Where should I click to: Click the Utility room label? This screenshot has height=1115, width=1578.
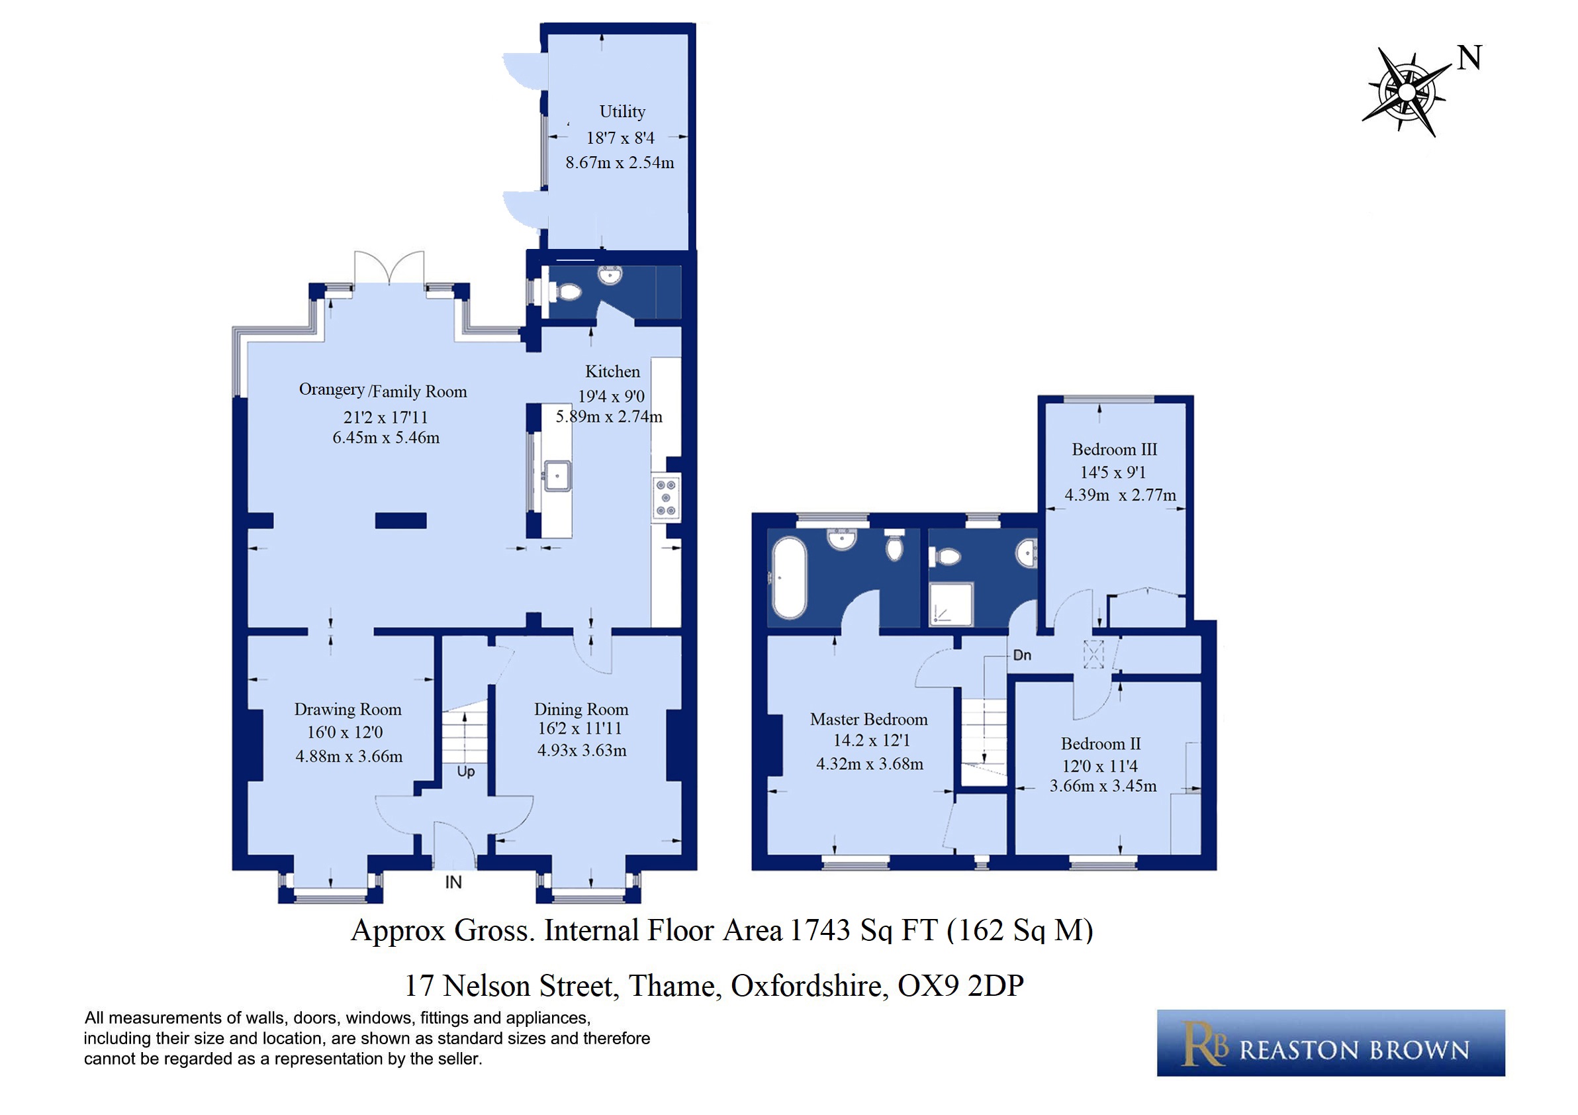(x=622, y=111)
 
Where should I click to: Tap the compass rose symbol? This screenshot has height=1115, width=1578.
(x=1406, y=92)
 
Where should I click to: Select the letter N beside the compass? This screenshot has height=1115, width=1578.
(x=1469, y=58)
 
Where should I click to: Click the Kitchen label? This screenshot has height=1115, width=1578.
(x=612, y=371)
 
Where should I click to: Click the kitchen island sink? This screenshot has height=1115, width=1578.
(x=557, y=475)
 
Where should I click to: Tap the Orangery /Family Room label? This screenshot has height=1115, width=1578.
(x=383, y=391)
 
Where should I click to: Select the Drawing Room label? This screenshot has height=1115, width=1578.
(x=348, y=708)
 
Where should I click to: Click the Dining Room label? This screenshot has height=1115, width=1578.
(x=581, y=708)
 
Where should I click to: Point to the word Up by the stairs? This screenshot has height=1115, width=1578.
(x=466, y=772)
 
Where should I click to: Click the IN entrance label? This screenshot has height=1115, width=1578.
(x=453, y=882)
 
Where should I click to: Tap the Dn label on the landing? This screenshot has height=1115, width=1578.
(x=1022, y=655)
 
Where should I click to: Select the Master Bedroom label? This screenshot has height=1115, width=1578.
(x=868, y=719)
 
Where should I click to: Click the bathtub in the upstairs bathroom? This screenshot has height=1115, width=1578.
(x=788, y=577)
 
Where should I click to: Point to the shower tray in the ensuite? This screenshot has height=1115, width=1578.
(x=951, y=605)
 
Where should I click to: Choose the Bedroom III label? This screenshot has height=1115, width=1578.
(x=1114, y=449)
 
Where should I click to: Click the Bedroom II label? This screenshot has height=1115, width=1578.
(x=1100, y=743)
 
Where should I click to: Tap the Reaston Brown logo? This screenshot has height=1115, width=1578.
(x=1330, y=1043)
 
